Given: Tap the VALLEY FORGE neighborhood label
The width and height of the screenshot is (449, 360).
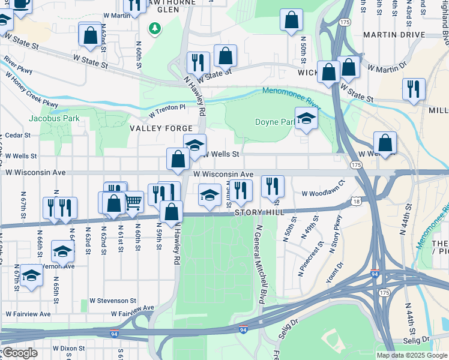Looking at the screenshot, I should (x=161, y=128).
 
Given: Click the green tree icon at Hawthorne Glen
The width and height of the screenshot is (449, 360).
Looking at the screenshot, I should (x=155, y=28).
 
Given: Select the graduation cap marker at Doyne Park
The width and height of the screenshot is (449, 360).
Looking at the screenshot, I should (x=306, y=118).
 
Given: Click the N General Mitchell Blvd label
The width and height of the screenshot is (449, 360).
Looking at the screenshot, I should (x=261, y=265).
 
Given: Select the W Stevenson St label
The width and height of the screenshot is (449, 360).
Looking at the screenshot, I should (x=113, y=300).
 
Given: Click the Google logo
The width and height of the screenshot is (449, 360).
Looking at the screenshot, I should (x=20, y=353).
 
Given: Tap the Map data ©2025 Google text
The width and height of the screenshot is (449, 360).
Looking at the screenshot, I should (x=412, y=355).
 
